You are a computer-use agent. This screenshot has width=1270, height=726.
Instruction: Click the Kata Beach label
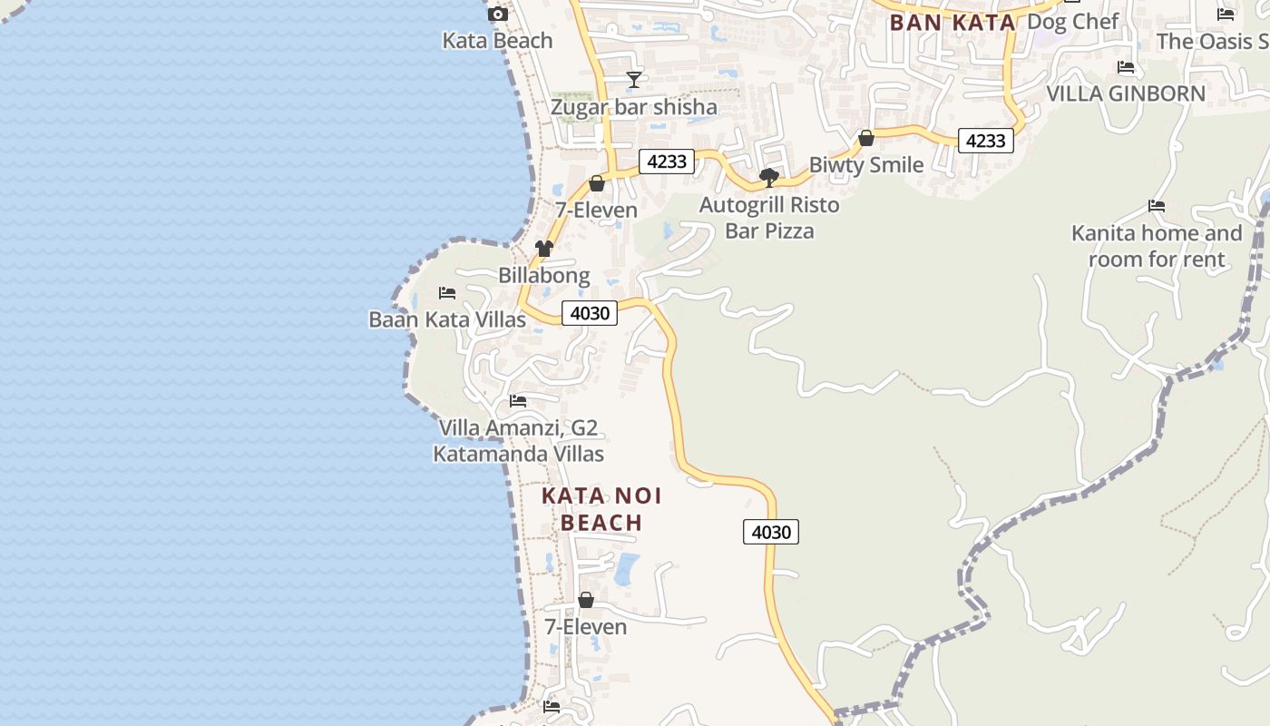click(x=497, y=41)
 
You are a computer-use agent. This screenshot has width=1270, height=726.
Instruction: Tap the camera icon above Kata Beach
click(x=498, y=14)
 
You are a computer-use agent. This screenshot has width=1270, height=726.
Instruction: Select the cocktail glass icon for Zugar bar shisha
click(x=634, y=80)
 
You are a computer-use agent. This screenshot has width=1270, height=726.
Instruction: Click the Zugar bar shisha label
click(x=633, y=107)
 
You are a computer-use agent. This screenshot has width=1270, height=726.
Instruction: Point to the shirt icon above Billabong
click(x=543, y=249)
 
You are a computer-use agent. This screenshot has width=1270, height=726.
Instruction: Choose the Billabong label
click(x=543, y=275)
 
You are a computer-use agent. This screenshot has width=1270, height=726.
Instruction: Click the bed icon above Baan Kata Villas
click(x=446, y=293)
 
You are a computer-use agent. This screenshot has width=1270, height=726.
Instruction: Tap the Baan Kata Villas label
click(x=446, y=319)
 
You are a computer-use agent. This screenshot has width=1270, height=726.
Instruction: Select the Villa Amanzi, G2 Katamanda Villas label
click(x=518, y=440)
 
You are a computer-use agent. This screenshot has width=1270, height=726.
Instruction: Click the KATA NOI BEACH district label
click(x=601, y=509)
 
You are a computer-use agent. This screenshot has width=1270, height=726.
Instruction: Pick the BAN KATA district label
click(x=952, y=23)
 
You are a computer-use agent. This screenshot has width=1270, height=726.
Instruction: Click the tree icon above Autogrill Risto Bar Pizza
click(x=769, y=178)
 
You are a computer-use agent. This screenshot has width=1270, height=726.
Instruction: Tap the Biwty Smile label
click(x=865, y=165)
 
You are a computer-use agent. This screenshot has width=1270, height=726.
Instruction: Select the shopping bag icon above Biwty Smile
click(x=866, y=138)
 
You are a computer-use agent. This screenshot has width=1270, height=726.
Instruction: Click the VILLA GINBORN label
click(x=1126, y=93)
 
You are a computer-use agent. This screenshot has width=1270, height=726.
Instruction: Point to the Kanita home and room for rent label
click(x=1157, y=246)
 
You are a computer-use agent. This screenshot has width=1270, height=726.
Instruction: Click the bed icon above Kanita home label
click(x=1157, y=206)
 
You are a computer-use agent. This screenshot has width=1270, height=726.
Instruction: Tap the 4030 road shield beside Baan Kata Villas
click(x=590, y=313)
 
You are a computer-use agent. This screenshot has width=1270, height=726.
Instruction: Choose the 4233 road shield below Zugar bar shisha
click(x=667, y=162)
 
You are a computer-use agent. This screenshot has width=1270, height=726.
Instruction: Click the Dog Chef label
click(x=1072, y=21)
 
